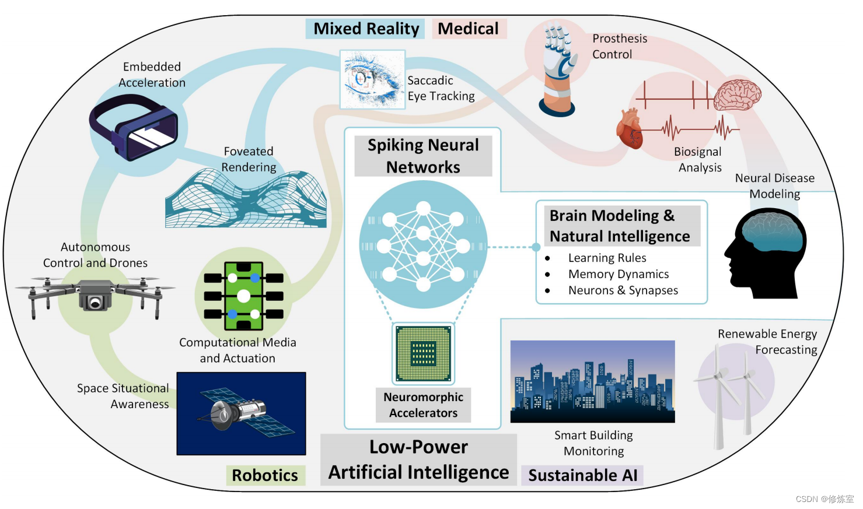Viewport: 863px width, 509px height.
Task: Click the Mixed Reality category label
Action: [x=366, y=29]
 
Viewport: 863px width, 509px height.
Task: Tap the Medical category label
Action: [x=468, y=29]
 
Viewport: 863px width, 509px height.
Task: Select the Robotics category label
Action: [x=265, y=475]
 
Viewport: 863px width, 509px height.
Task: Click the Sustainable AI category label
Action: [x=582, y=475]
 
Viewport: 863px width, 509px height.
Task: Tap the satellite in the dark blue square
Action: [x=241, y=413]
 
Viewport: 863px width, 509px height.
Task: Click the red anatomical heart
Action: [x=630, y=129]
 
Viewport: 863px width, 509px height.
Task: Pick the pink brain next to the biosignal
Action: [x=738, y=94]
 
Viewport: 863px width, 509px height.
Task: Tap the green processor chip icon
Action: [x=423, y=353]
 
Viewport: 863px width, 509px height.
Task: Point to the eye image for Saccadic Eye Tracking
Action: [x=372, y=79]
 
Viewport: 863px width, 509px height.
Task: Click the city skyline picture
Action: [x=592, y=381]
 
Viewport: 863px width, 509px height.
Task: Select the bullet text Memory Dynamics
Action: [x=619, y=274]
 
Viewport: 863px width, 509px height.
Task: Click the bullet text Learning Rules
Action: [x=607, y=258]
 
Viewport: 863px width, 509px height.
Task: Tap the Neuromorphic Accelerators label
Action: [x=423, y=405]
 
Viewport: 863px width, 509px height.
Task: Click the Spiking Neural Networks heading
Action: [x=423, y=156]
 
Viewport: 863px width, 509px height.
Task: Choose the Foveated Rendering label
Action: [x=249, y=159]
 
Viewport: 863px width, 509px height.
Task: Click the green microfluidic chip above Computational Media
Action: [x=243, y=296]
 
